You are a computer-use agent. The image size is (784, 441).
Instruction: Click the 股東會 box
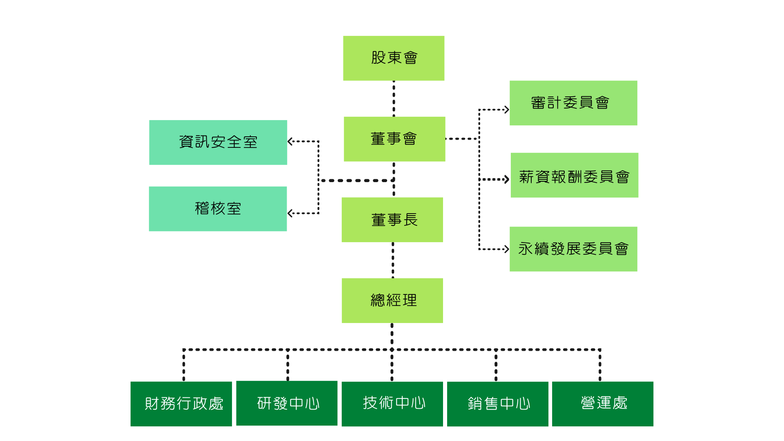394,58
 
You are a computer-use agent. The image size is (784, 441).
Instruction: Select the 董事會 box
394,139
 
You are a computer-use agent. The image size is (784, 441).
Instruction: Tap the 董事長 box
392,220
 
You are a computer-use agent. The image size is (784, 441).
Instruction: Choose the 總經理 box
392,301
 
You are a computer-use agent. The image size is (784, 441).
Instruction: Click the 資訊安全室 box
218,142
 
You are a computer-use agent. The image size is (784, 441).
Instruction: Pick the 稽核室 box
218,209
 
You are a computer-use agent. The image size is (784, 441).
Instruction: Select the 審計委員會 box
573,103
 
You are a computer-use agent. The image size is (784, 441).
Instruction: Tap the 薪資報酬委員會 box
574,175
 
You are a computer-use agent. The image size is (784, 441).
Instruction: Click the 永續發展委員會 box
573,249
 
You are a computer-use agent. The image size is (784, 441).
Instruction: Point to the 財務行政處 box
181,404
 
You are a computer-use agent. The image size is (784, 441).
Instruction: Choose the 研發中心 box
287,403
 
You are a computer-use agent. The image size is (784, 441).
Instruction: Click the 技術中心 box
392,404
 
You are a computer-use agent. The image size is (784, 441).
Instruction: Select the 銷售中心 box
498,404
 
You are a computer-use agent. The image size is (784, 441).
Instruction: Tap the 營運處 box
603,404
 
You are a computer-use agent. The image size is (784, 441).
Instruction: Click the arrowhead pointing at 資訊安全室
290,142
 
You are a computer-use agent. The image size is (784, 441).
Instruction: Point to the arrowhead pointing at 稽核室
290,213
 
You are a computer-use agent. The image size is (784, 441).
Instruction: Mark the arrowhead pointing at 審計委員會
507,109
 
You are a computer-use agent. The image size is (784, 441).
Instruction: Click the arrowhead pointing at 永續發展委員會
507,249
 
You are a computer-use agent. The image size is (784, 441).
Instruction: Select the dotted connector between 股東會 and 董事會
394,98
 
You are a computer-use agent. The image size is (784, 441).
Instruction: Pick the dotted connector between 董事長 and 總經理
393,260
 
